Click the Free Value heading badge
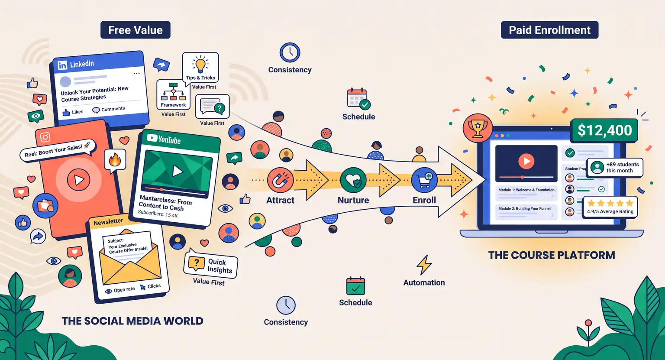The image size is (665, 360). click(136, 30)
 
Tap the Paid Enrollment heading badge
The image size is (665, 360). click(549, 30)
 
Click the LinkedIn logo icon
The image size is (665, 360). click(62, 65)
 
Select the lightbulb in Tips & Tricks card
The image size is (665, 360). click(200, 65)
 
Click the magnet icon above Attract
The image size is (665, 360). click(280, 180)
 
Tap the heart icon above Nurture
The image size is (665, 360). click(353, 180)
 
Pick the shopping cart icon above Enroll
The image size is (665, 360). click(424, 180)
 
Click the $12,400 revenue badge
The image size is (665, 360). click(604, 130)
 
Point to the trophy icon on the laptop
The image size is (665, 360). click(478, 128)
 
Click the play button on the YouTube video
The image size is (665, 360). click(178, 171)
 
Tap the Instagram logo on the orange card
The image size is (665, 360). click(45, 137)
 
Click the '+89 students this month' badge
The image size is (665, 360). click(614, 168)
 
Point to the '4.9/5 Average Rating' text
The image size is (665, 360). click(610, 211)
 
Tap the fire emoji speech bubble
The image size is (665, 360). click(115, 161)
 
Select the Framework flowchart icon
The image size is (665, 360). click(173, 91)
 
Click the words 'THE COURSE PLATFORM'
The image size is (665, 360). click(552, 255)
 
